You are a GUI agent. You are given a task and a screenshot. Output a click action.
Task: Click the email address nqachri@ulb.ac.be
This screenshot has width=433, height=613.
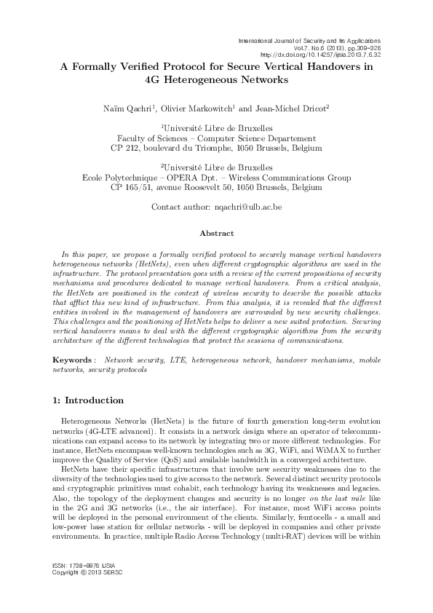point(247,207)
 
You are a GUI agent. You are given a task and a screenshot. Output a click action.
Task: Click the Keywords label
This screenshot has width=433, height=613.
point(74,360)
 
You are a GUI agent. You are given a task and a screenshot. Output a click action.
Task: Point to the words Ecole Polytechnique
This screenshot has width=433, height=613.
point(146,177)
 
